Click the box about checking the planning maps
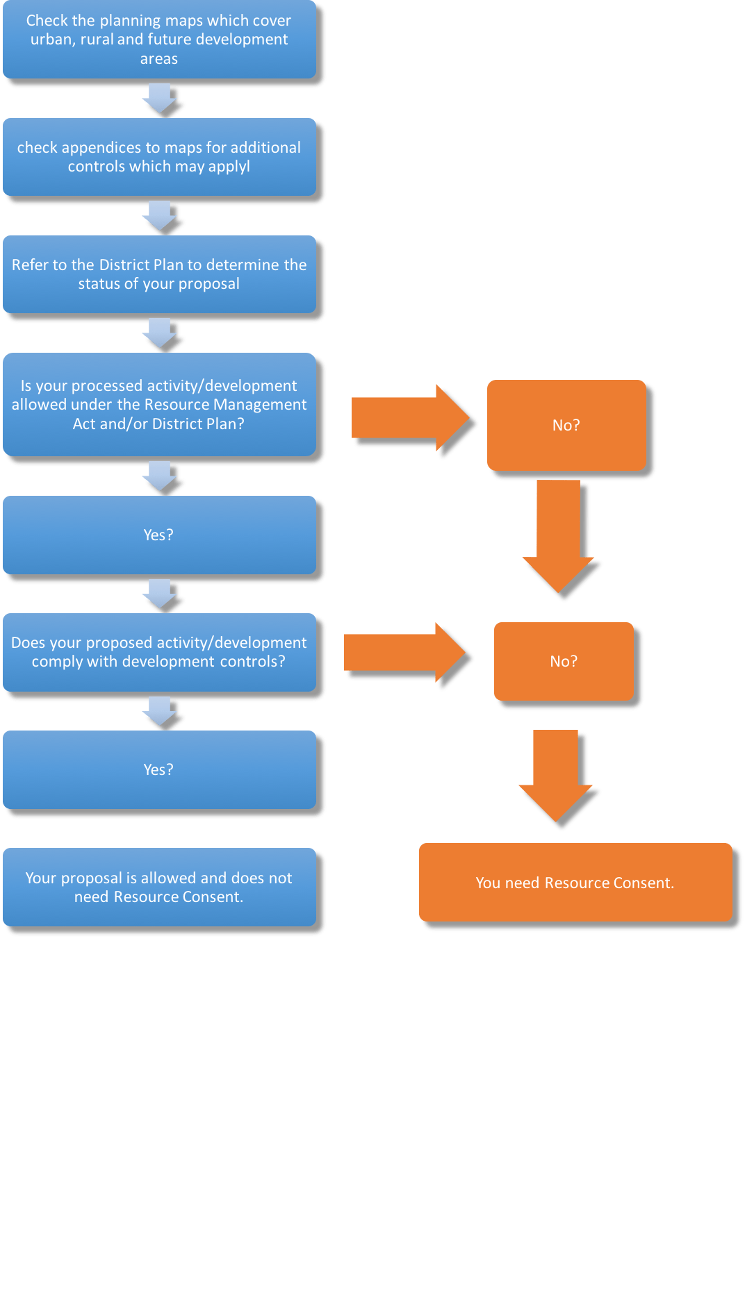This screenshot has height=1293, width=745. [x=159, y=40]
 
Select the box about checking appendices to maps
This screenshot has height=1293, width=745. [x=159, y=157]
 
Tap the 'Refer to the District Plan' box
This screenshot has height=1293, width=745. [x=159, y=274]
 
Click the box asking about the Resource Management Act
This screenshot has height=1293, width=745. [x=159, y=404]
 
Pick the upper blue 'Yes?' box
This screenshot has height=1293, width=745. [x=159, y=535]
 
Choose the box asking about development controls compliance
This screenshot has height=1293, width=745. [x=159, y=652]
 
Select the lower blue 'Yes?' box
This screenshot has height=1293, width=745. [x=159, y=769]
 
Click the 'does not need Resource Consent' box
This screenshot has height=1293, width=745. [x=159, y=887]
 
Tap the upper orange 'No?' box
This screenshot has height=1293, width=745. [x=566, y=425]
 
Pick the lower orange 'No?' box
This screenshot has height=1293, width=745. [x=564, y=661]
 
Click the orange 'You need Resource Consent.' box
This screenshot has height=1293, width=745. [x=575, y=883]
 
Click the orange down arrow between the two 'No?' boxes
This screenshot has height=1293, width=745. [x=559, y=535]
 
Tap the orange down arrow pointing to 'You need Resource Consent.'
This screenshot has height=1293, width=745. [x=556, y=774]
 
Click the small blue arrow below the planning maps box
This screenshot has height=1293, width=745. [x=160, y=97]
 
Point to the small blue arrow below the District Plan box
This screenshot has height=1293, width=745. [x=160, y=332]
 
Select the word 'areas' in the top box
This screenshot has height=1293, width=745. [x=159, y=59]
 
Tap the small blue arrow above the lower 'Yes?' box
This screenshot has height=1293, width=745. [x=160, y=710]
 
